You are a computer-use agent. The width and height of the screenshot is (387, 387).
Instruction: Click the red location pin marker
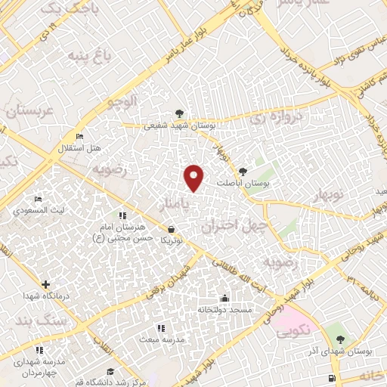(x=194, y=176)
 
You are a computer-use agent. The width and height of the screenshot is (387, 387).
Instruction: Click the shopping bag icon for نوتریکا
(x=171, y=228)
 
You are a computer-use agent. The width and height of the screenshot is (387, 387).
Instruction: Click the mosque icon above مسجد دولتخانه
(x=224, y=297)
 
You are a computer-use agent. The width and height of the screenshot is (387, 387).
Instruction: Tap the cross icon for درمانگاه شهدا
(x=46, y=285)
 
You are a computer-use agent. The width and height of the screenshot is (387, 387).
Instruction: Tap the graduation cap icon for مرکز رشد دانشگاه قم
(x=111, y=370)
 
